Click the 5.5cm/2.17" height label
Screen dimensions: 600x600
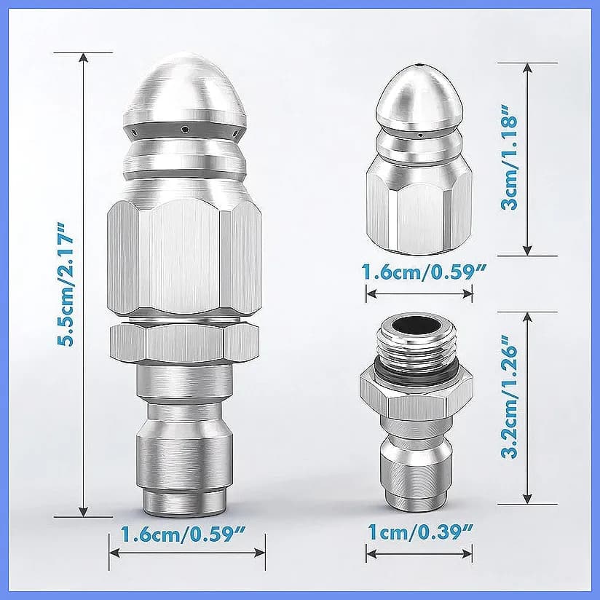65,283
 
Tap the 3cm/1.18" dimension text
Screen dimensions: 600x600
509,158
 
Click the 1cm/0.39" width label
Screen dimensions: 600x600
420,532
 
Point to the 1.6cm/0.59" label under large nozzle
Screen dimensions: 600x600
183,534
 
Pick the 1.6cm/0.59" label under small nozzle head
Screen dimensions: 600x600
424,272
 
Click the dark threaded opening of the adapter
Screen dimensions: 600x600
416,325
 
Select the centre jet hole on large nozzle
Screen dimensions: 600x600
185,130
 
